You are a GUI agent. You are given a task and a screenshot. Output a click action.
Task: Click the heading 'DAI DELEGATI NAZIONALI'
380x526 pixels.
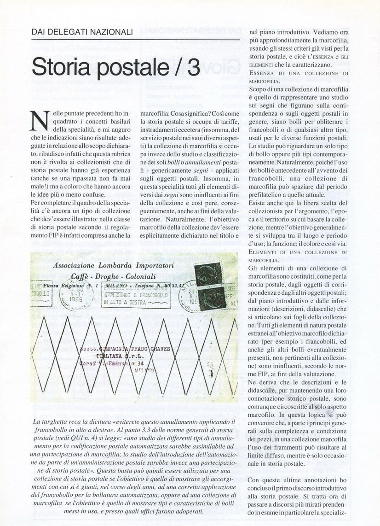[x=82, y=32]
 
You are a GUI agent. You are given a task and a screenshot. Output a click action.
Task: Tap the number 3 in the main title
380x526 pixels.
[x=192, y=67]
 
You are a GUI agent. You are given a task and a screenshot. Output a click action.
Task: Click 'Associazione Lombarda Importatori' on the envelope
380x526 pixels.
[x=113, y=265]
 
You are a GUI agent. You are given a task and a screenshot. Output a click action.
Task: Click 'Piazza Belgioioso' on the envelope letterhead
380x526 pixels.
[x=69, y=286]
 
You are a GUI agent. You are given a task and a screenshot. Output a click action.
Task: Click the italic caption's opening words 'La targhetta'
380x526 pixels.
[x=49, y=422]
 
